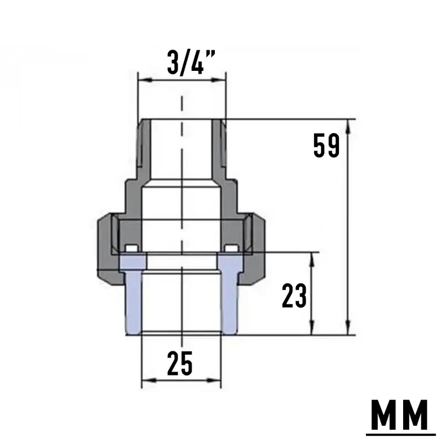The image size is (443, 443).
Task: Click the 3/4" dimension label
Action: (x=191, y=63)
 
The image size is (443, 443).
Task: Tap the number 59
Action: (x=326, y=146)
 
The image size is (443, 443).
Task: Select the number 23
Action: (x=294, y=296)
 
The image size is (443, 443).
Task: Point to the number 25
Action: (x=179, y=363)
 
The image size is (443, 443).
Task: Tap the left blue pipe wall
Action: (x=133, y=294)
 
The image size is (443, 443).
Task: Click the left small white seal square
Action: (x=132, y=248)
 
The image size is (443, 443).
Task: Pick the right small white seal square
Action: (x=231, y=248)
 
